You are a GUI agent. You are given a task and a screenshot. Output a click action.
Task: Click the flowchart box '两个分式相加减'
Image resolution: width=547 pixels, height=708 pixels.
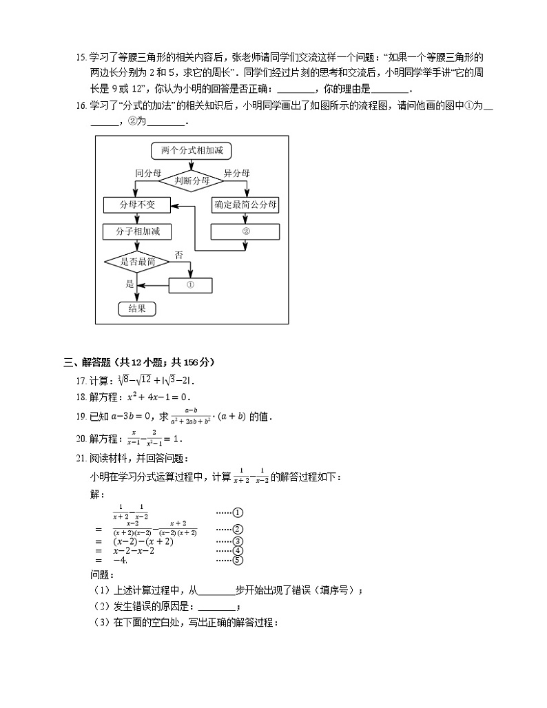point(187,150)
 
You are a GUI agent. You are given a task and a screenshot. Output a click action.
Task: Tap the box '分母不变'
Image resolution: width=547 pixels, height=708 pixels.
point(137,205)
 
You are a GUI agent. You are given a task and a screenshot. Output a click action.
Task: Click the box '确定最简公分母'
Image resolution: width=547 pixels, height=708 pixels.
point(245,205)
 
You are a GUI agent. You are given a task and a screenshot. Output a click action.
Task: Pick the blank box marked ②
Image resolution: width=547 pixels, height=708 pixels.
point(245,231)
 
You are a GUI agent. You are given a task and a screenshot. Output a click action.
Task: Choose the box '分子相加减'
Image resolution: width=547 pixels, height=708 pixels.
point(138,232)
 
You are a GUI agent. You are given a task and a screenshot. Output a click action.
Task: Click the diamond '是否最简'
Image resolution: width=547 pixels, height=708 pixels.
point(138,262)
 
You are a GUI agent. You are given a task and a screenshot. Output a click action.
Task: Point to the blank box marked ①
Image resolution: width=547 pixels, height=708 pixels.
point(191,284)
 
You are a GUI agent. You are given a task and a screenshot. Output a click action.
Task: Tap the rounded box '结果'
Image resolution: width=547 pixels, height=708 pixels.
point(137,309)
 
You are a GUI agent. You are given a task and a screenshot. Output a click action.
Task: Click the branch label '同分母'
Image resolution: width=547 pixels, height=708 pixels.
point(147,174)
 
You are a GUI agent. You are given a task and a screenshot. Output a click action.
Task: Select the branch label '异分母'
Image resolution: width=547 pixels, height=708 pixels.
point(236,174)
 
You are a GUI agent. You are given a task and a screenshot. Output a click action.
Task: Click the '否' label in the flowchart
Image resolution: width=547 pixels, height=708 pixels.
point(178,255)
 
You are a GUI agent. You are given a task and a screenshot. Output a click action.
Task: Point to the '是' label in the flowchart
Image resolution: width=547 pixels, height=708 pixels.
point(129,284)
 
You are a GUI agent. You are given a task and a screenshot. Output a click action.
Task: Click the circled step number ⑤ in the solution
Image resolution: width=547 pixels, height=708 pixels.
point(238,560)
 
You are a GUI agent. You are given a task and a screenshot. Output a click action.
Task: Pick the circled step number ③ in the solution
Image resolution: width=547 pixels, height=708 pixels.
point(238,541)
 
